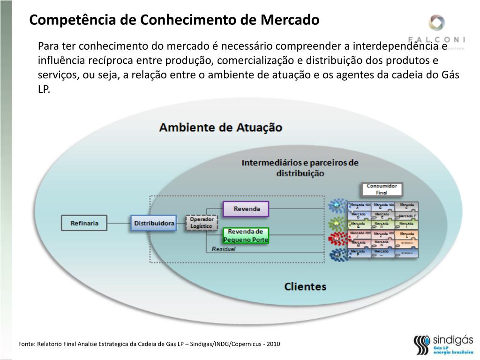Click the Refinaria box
[x=84, y=223]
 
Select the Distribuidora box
[x=154, y=223]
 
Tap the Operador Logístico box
[x=202, y=223]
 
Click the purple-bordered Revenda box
[x=246, y=209]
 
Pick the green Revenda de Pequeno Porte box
[x=246, y=235]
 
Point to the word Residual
[x=224, y=249]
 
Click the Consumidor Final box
[x=382, y=189]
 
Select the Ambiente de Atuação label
[x=221, y=127]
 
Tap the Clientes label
[x=305, y=286]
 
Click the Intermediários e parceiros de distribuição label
[x=300, y=168]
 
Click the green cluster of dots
[x=337, y=223]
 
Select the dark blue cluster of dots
[x=337, y=255]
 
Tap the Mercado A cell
[x=359, y=207]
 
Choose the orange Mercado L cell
[x=406, y=234]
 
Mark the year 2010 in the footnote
[x=273, y=344]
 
